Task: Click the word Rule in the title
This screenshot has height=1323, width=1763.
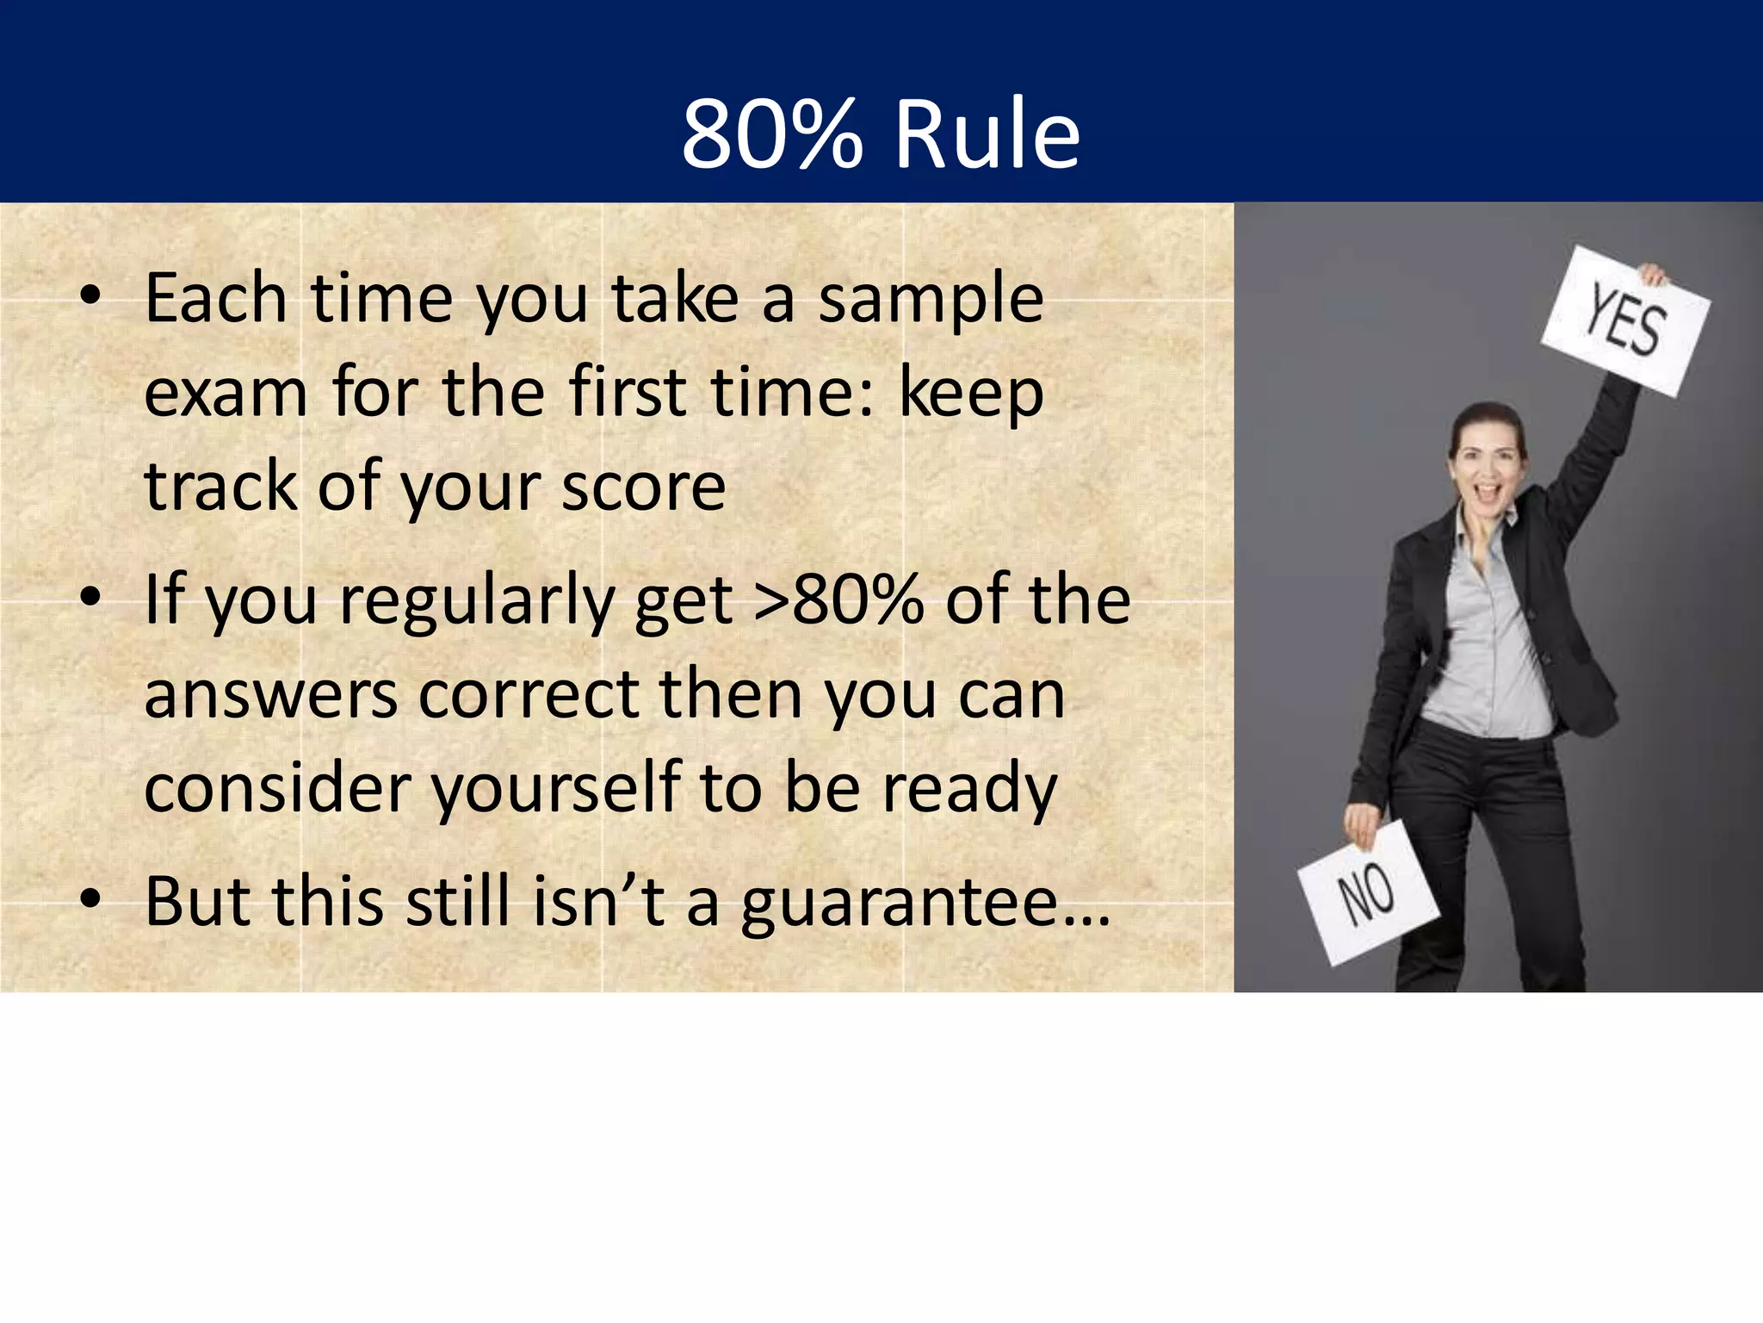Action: click(x=987, y=134)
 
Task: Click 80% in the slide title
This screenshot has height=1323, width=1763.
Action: click(x=770, y=134)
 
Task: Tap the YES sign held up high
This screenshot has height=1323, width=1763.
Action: click(x=1624, y=321)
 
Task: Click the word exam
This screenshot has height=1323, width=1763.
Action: click(x=226, y=394)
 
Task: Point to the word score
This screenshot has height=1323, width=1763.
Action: click(x=643, y=488)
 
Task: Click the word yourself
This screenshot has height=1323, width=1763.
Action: click(x=555, y=789)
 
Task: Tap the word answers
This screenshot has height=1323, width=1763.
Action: click(x=270, y=697)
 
